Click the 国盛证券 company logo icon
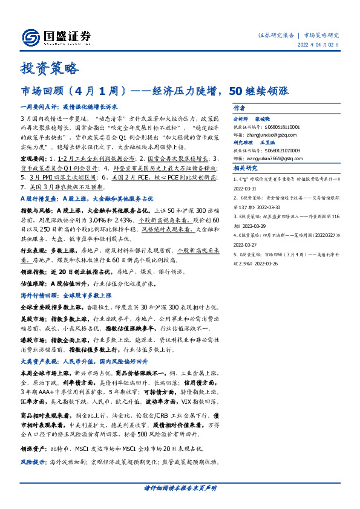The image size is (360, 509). [33, 36]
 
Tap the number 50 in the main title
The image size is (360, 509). [236, 92]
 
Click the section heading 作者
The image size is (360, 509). [238, 108]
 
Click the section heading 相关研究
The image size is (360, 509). [245, 169]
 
